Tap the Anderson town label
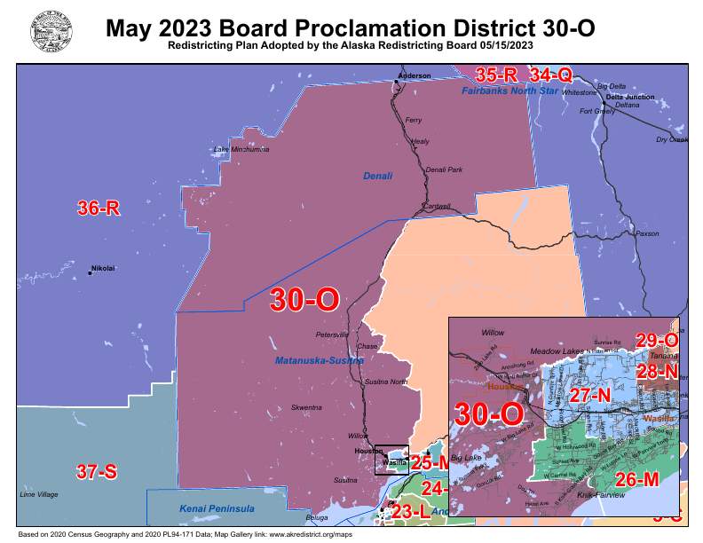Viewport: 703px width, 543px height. click(413, 76)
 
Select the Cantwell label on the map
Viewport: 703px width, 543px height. click(436, 207)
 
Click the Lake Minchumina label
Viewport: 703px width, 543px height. click(241, 149)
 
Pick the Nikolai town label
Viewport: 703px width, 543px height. click(104, 268)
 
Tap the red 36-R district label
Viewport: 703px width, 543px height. click(98, 209)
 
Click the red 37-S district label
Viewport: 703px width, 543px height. click(96, 472)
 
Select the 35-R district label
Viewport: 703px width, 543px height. click(496, 75)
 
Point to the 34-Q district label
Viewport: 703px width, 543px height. click(551, 75)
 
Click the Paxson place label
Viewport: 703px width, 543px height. click(648, 234)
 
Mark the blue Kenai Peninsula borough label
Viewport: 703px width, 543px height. click(217, 508)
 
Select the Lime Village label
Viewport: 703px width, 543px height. click(39, 494)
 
